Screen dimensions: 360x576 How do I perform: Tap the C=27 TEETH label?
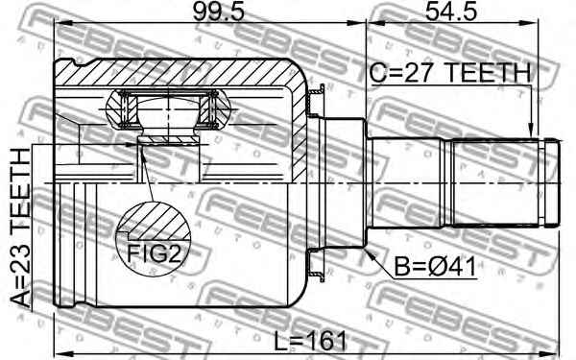coord(450,74)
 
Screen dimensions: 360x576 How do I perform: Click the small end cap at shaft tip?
coord(551,182)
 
